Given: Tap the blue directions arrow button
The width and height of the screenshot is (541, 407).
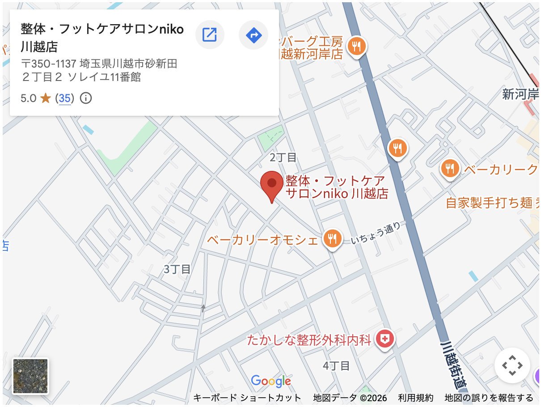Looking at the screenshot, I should click(254, 34).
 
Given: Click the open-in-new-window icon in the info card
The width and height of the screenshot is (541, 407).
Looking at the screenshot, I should click(210, 34).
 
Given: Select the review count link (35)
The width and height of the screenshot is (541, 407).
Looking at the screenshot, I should click(64, 98).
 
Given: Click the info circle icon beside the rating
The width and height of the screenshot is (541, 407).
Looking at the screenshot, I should click(85, 98).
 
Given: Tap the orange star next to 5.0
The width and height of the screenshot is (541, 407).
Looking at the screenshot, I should click(46, 98).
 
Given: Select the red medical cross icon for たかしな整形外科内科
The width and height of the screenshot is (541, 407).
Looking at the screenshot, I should click(384, 339).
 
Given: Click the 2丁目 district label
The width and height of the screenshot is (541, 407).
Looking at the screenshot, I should click(283, 157).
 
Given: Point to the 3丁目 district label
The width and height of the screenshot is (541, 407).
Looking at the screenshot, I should click(177, 269).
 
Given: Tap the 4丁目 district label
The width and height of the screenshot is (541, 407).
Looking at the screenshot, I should click(336, 366).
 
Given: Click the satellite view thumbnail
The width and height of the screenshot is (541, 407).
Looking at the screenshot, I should click(30, 376).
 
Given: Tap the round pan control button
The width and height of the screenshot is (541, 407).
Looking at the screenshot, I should click(512, 365).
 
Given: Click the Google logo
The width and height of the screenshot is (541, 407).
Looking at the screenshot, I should click(271, 381).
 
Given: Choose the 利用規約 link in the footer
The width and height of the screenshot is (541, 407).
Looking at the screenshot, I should click(416, 398).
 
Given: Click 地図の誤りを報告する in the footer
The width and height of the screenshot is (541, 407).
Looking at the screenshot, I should click(489, 398).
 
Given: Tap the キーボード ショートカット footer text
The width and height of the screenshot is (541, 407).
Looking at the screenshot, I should click(247, 398).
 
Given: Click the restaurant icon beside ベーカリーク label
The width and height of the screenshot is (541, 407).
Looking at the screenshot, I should click(450, 169).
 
